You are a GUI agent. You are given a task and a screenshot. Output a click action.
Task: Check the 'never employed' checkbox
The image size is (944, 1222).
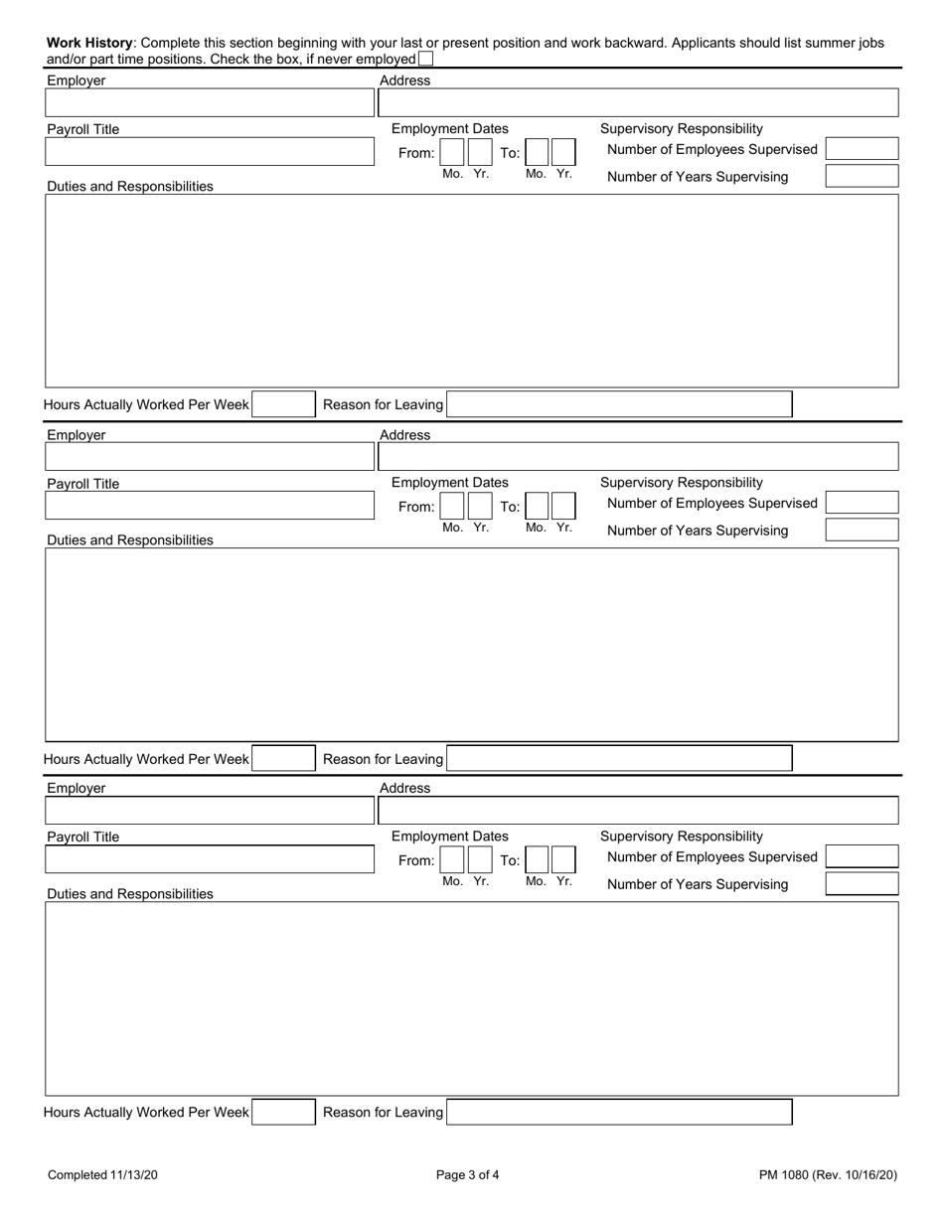click(426, 60)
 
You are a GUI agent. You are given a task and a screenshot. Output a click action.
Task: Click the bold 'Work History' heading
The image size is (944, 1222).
click(89, 43)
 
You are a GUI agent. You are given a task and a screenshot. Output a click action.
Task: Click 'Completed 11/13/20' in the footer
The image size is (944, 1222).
click(102, 1175)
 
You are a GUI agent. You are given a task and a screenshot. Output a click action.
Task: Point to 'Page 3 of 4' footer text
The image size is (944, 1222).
click(468, 1175)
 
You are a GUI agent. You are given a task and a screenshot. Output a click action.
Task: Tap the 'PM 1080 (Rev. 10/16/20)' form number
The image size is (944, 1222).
click(828, 1175)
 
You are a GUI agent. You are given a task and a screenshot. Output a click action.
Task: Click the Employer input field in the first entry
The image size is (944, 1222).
click(209, 103)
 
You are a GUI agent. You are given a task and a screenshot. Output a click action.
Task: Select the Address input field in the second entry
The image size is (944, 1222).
click(638, 457)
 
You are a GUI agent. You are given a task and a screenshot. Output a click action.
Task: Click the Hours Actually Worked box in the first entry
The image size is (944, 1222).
click(283, 404)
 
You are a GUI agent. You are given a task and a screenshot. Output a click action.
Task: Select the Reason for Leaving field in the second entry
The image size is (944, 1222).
click(619, 759)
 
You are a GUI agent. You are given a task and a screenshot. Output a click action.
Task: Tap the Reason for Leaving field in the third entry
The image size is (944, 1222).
click(619, 1113)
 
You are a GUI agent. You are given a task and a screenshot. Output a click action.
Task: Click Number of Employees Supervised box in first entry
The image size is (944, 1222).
click(862, 149)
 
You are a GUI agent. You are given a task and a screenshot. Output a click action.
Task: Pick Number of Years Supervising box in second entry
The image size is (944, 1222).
click(862, 530)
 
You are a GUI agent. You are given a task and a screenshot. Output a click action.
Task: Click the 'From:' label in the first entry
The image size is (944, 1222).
click(416, 153)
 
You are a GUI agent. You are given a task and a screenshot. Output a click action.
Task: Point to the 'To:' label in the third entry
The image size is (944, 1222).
click(510, 860)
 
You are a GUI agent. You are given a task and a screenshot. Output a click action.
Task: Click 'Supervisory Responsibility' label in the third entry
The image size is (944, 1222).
click(682, 837)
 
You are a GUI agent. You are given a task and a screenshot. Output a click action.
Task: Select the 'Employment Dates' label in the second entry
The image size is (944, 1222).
click(450, 483)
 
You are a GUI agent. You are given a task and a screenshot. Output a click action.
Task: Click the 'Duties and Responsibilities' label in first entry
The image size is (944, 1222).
click(130, 186)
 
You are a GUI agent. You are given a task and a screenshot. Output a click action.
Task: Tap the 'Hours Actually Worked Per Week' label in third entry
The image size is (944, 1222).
click(146, 1113)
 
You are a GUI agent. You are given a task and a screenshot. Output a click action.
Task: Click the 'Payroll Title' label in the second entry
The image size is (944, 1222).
click(83, 484)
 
